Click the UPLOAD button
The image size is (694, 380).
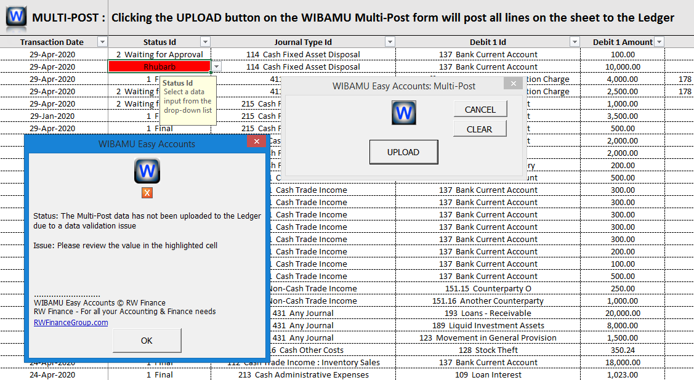(x=403, y=152)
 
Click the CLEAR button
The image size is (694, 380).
(x=480, y=129)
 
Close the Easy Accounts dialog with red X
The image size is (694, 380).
(x=256, y=142)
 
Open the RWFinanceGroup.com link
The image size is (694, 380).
(x=71, y=322)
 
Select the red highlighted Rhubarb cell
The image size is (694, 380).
(x=159, y=67)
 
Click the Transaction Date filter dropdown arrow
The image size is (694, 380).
(x=102, y=42)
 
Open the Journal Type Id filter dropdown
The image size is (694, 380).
(x=389, y=42)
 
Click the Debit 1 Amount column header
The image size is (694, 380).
(x=622, y=42)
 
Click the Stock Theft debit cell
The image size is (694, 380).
(x=488, y=350)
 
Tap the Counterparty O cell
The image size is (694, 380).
(x=488, y=288)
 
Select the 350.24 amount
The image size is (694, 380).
(x=622, y=350)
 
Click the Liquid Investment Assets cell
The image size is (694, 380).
(x=488, y=325)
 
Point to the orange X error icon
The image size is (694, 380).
(x=147, y=193)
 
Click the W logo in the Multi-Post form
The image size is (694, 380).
(x=403, y=113)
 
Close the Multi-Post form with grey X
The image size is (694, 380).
(x=512, y=84)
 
